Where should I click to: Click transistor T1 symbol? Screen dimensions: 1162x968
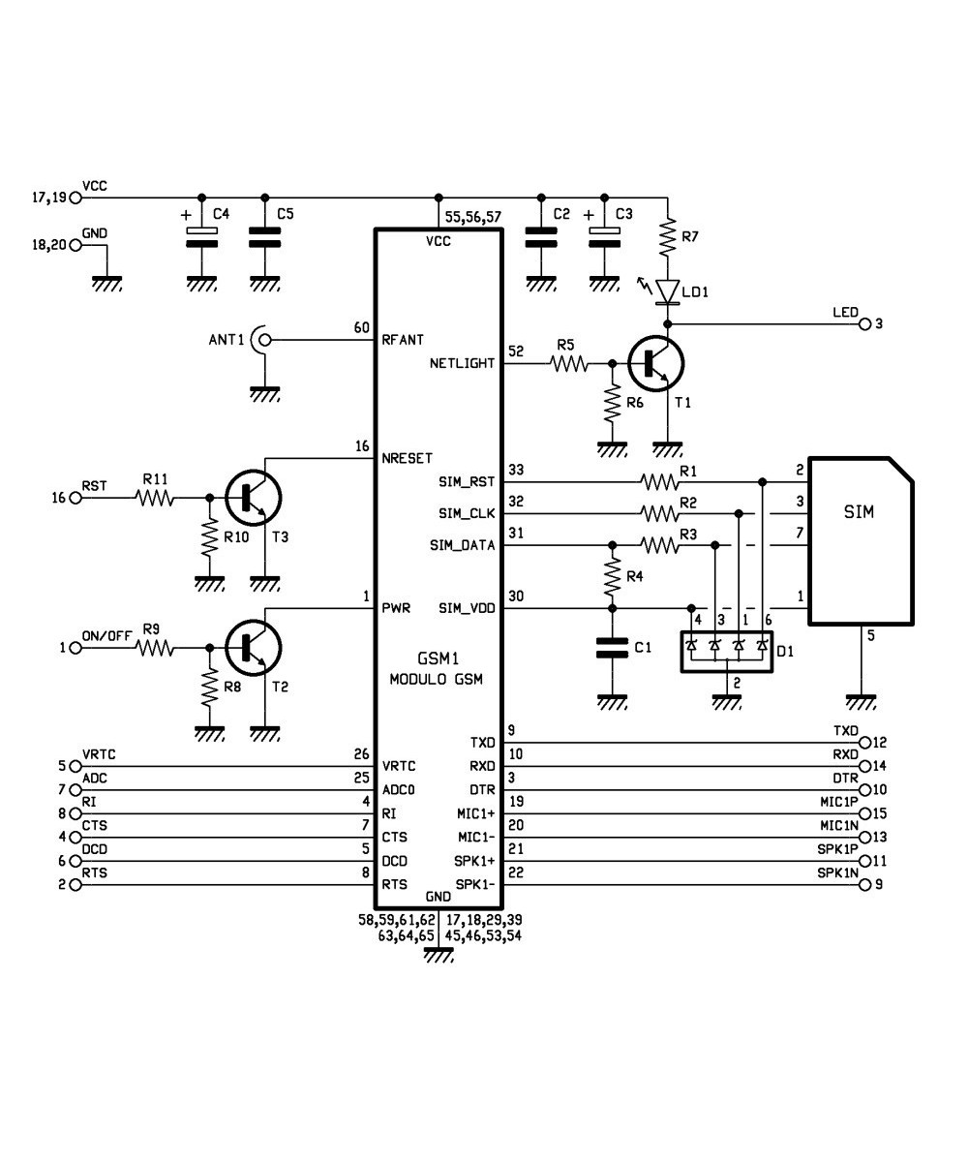654,364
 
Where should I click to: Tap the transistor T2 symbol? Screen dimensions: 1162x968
254,647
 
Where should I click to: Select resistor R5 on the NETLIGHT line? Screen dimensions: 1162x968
568,364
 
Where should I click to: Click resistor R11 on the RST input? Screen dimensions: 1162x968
155,498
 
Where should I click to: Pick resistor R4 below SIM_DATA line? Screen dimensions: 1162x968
611,577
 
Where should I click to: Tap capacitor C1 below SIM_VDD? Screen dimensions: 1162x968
611,647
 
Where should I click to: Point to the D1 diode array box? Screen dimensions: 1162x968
726,646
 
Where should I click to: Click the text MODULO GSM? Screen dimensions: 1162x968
436,679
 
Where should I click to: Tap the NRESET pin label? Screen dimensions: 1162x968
408,458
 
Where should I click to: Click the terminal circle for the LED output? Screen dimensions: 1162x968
864,323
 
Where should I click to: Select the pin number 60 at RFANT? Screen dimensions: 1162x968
361,328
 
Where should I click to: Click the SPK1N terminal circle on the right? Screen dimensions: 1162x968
864,884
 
